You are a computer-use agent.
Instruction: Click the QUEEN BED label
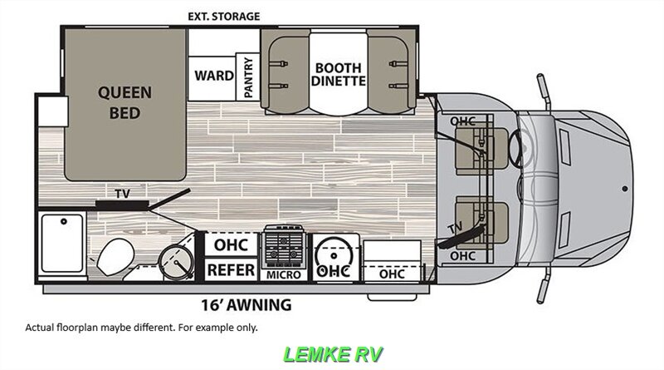point(124,102)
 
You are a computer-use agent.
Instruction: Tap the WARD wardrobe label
point(213,76)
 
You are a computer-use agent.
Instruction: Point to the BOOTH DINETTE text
point(339,75)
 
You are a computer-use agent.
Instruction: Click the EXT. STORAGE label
point(223,16)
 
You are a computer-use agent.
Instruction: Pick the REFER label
point(230,270)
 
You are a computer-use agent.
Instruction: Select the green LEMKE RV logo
point(334,353)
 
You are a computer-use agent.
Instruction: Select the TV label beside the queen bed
point(122,195)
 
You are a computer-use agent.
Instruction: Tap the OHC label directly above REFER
point(230,246)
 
